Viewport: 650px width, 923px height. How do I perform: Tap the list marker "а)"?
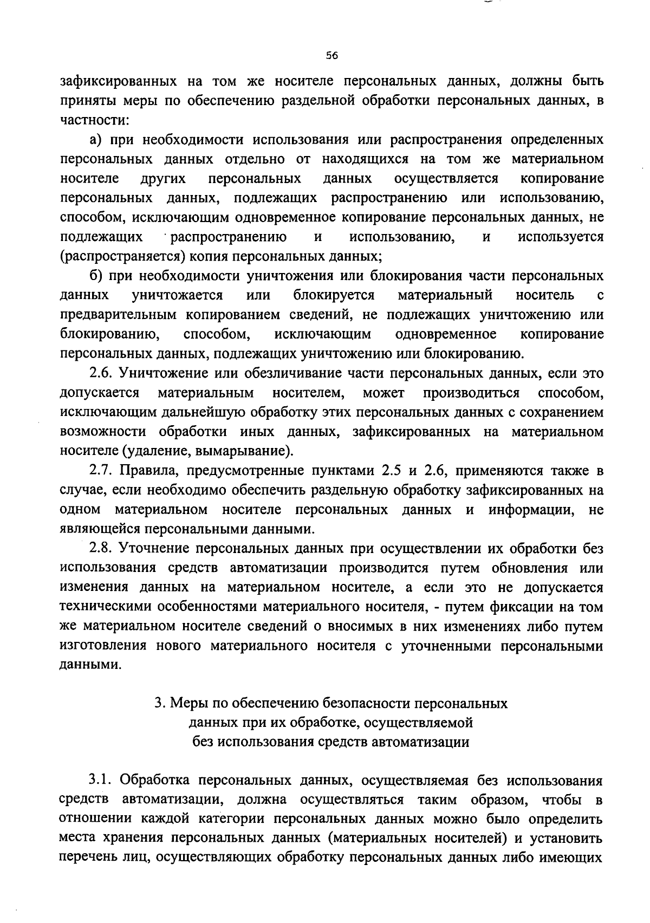click(x=96, y=140)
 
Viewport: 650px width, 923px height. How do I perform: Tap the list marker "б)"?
click(x=96, y=276)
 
